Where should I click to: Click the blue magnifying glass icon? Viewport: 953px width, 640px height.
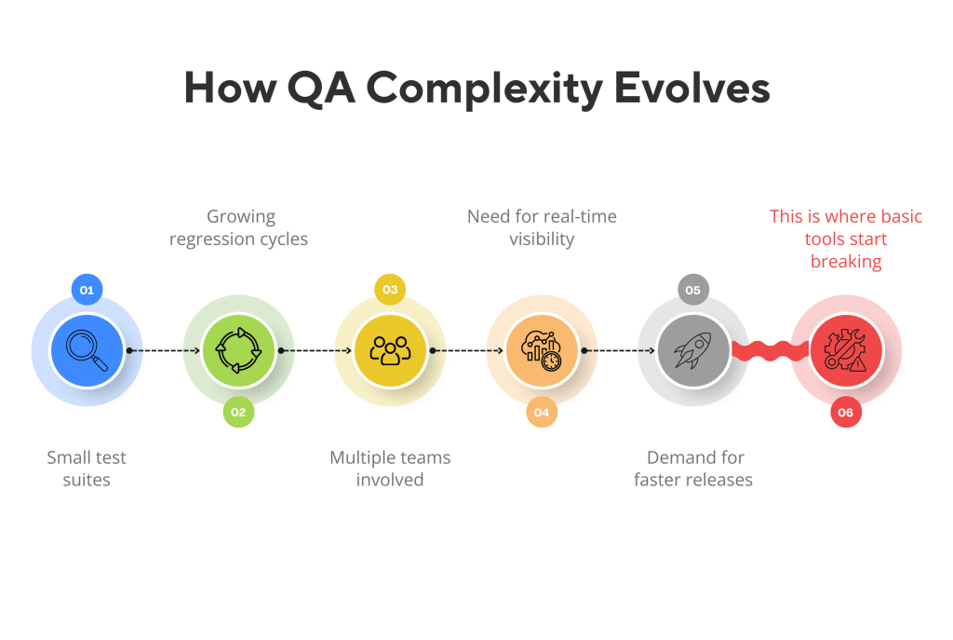tap(87, 351)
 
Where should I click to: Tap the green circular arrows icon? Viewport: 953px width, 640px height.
tap(238, 351)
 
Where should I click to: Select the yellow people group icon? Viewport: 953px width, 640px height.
tap(390, 351)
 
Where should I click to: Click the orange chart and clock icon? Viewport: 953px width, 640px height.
tap(542, 351)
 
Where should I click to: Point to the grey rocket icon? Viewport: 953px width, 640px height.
tap(693, 351)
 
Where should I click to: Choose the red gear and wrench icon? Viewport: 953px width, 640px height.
tap(845, 351)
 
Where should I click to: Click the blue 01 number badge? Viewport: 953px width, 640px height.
tap(87, 290)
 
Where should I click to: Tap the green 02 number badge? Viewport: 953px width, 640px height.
tap(238, 412)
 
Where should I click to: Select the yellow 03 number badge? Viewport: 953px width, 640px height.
tap(390, 290)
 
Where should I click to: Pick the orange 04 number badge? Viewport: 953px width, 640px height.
tap(542, 412)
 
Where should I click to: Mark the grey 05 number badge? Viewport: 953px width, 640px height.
tap(693, 290)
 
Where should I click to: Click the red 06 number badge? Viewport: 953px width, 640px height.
tap(845, 412)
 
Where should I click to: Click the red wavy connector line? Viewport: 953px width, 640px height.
tap(770, 351)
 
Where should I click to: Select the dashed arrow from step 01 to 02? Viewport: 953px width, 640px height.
tap(163, 351)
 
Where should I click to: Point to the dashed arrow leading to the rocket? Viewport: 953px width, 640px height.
tap(618, 351)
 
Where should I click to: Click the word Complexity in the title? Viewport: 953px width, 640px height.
tap(483, 89)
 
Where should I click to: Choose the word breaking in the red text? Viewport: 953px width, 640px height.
tap(846, 262)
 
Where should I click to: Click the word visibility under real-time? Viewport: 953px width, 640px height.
tap(542, 239)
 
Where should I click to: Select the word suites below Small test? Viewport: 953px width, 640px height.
tap(87, 481)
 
